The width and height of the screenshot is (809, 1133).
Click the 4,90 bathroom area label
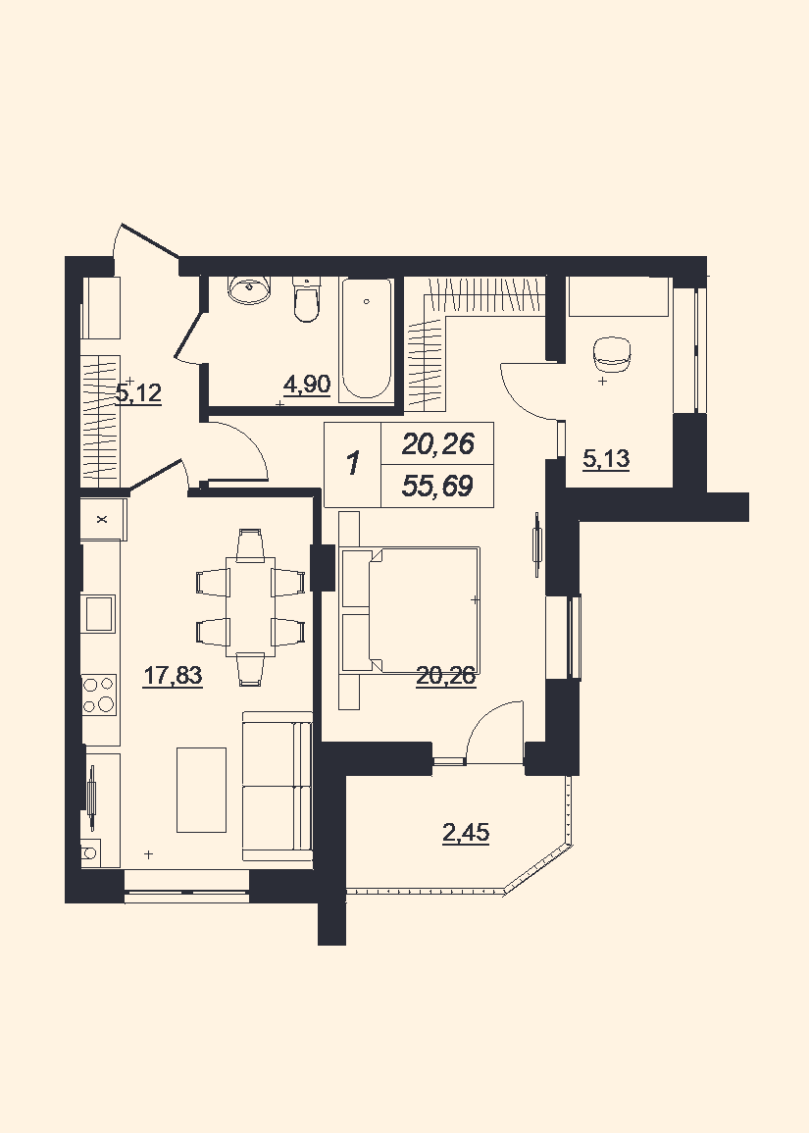[307, 386]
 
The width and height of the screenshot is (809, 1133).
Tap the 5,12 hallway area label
[138, 393]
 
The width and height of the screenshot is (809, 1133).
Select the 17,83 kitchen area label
[173, 676]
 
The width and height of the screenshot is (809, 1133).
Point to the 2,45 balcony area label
[466, 833]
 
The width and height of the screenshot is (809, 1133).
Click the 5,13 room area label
[606, 459]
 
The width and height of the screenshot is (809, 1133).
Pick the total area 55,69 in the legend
[437, 487]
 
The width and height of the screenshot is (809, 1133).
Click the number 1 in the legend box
[353, 463]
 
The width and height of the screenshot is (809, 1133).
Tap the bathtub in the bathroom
[367, 338]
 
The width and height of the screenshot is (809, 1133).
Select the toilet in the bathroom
[306, 300]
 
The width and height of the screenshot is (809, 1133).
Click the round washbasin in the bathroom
[250, 289]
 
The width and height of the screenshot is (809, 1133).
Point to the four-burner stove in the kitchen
[99, 694]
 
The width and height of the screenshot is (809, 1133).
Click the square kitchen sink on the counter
[99, 613]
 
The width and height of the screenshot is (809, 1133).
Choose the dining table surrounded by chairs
[251, 606]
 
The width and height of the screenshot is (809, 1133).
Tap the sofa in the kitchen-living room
[278, 786]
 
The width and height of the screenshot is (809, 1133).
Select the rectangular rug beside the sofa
[202, 790]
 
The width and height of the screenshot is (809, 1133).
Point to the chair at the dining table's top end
[251, 544]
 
